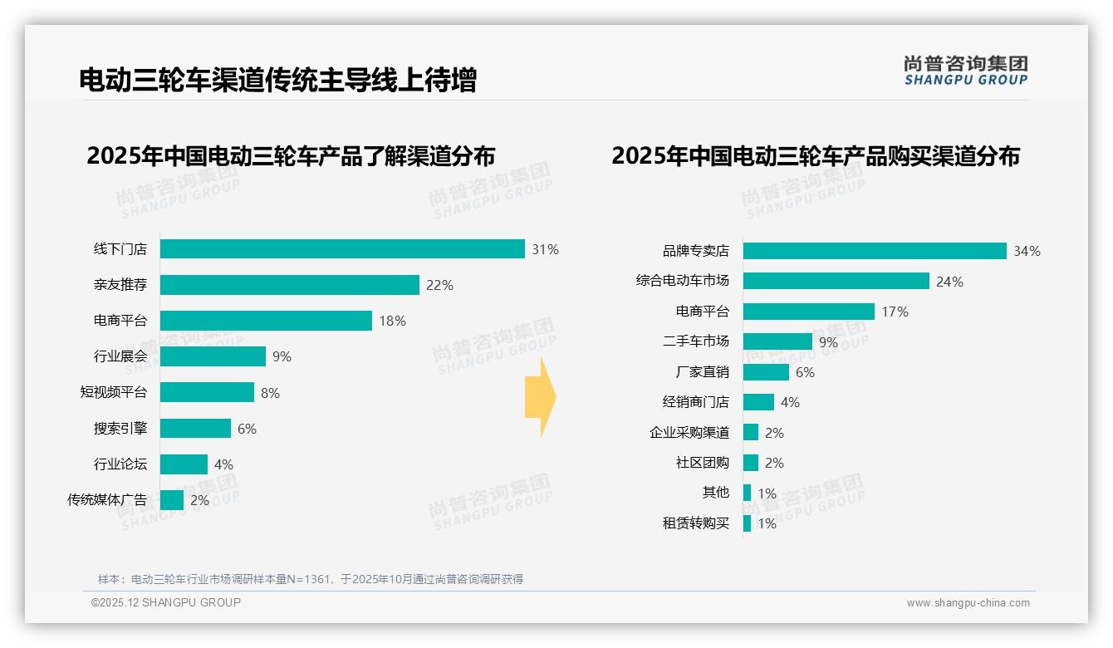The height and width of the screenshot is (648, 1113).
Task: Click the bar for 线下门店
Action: [x=342, y=249]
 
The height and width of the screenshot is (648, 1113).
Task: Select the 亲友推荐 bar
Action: [x=289, y=285]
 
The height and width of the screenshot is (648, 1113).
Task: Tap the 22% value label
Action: [x=439, y=285]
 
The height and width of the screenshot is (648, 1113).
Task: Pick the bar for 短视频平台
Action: [x=207, y=392]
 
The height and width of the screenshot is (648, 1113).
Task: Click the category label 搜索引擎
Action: [x=120, y=429]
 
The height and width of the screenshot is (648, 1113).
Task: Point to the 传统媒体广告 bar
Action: [x=172, y=500]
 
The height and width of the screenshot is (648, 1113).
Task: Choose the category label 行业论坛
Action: [x=120, y=464]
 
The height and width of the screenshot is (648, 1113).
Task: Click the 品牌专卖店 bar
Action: [x=875, y=251]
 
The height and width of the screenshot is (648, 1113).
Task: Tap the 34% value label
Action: [x=1027, y=251]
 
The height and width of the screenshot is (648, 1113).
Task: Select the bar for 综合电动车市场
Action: [x=836, y=281]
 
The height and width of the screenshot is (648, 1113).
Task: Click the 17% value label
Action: [x=895, y=312]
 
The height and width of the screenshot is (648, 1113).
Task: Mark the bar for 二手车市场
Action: [x=777, y=341]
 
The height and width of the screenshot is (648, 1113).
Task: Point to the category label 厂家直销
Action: [x=702, y=372]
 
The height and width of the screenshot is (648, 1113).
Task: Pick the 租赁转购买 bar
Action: [x=747, y=523]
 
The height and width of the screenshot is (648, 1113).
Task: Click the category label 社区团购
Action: [x=702, y=463]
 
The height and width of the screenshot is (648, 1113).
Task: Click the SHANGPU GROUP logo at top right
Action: [x=965, y=71]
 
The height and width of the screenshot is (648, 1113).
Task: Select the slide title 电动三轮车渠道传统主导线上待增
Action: [x=277, y=80]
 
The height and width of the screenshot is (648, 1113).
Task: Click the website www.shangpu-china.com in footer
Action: [x=968, y=603]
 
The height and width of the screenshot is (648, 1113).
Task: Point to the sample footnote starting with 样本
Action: [x=311, y=579]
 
